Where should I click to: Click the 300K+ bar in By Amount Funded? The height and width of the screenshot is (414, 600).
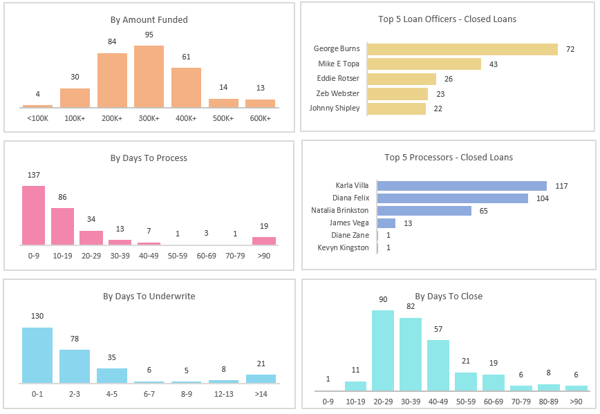tap(149, 77)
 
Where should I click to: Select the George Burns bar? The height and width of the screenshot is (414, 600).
tap(462, 49)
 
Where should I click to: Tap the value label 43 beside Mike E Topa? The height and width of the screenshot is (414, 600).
tap(494, 64)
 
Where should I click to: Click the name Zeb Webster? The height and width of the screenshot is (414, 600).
tap(339, 93)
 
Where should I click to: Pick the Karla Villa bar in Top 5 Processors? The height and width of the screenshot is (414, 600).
tap(462, 186)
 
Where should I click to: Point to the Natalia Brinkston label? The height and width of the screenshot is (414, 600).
tap(340, 210)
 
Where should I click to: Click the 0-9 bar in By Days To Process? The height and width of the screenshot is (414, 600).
tap(33, 215)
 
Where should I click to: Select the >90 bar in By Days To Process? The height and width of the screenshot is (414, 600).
tap(264, 241)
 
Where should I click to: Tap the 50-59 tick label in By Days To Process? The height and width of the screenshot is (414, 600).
tap(178, 256)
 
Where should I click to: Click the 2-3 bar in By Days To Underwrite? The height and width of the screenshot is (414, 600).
tap(74, 366)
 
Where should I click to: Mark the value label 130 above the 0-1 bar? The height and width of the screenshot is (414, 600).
tap(37, 317)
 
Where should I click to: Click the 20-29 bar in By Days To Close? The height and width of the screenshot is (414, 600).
tap(383, 350)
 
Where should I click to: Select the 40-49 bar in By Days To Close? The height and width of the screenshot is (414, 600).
tap(438, 365)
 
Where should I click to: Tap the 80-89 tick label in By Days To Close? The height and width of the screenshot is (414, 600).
tap(548, 402)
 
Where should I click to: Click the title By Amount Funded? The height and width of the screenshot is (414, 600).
tap(149, 20)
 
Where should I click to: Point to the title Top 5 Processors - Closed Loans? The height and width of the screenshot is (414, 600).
tap(449, 158)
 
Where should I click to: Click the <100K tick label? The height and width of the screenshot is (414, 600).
tap(37, 118)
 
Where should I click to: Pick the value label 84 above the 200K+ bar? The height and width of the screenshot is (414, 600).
tap(112, 42)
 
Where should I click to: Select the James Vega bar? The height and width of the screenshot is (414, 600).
tap(386, 223)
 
